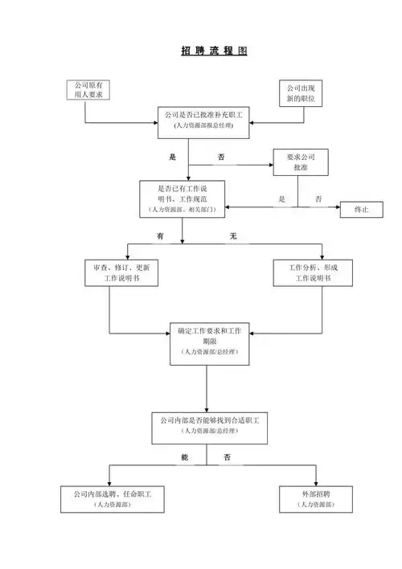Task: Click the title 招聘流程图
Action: (x=214, y=51)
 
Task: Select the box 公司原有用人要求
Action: (x=88, y=90)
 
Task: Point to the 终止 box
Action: (x=361, y=209)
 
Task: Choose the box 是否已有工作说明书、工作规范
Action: (x=182, y=198)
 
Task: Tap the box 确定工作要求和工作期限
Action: (x=208, y=342)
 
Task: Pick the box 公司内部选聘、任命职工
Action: (x=112, y=498)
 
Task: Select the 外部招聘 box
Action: (x=315, y=498)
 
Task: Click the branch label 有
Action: (x=161, y=235)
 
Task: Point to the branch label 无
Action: (x=233, y=235)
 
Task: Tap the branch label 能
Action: (x=185, y=457)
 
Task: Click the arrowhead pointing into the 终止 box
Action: (x=337, y=208)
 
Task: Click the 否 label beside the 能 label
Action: (x=228, y=457)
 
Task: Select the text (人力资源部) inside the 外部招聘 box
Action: (x=315, y=504)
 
